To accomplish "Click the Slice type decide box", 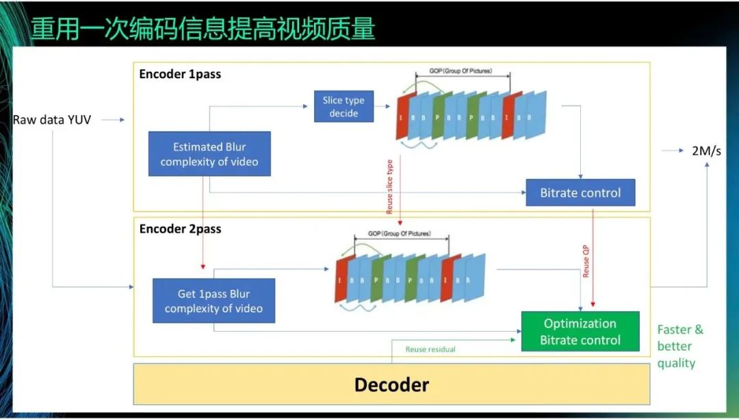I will [343, 107].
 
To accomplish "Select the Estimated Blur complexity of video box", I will [209, 154].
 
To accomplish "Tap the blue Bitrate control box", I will [580, 193].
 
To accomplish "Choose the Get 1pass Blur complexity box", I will [213, 301].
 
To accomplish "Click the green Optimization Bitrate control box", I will [580, 332].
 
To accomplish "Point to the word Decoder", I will [391, 384].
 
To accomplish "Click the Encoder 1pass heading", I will [180, 74].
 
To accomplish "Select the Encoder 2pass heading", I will [180, 229].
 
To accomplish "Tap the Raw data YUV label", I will [51, 120].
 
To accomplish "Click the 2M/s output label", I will [706, 151].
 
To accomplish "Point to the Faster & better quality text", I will [679, 346].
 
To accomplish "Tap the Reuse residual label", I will [430, 349].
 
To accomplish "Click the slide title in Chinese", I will [203, 29].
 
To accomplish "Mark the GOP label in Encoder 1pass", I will [453, 71].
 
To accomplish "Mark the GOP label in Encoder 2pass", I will [400, 234].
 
